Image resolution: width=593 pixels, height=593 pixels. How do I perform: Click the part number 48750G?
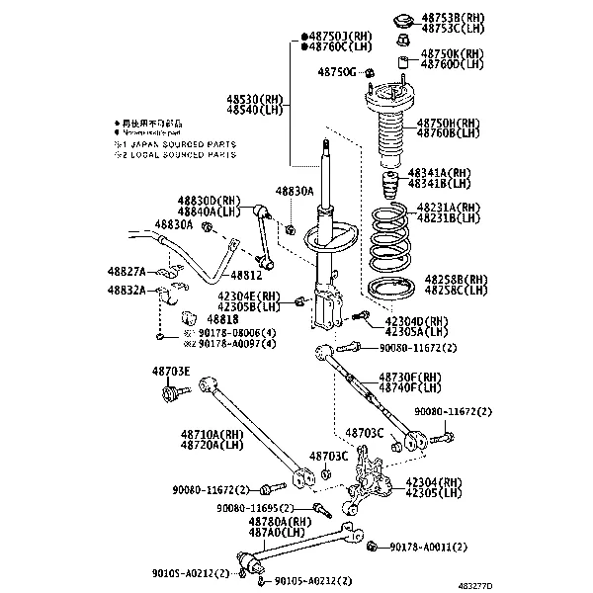click(x=336, y=72)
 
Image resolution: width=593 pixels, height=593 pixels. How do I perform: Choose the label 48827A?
click(x=127, y=270)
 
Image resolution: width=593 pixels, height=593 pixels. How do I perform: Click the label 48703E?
click(x=170, y=372)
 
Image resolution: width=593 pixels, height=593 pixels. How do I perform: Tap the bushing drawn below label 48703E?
click(x=172, y=395)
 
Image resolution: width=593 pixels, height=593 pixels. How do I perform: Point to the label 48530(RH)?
click(x=254, y=100)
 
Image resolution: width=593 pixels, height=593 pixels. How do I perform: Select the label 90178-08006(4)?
click(x=235, y=333)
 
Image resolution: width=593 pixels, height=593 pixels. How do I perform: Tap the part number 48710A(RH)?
click(x=212, y=434)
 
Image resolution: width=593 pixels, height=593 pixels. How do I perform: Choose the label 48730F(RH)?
click(x=410, y=378)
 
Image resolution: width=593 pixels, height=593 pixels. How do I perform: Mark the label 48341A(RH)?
click(x=448, y=173)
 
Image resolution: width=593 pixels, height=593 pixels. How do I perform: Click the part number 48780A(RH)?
click(x=281, y=521)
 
